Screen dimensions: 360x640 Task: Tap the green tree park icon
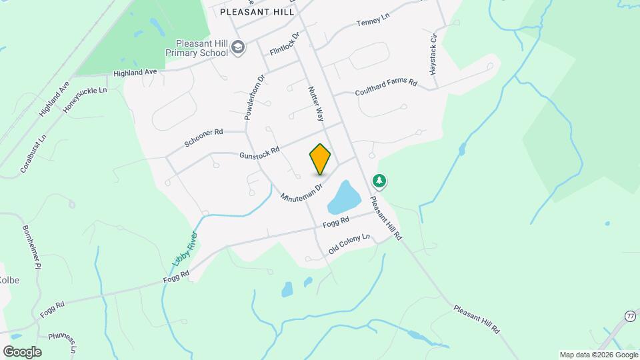(379, 181)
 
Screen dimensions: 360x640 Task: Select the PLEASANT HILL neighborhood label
(257, 12)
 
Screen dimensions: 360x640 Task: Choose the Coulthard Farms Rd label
(386, 87)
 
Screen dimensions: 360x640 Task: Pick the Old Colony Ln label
(349, 245)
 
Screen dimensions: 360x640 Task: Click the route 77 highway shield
(631, 315)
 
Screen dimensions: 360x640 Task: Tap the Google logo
(22, 351)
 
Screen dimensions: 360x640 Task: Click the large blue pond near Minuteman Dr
(343, 196)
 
